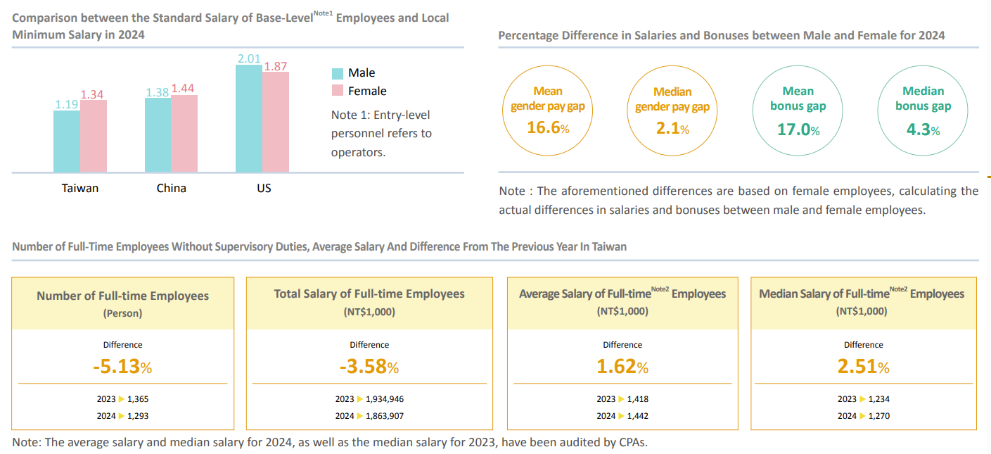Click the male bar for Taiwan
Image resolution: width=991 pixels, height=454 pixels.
pos(67,141)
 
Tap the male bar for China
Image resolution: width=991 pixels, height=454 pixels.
pos(158,134)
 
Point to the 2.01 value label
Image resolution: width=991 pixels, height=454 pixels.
pos(250,58)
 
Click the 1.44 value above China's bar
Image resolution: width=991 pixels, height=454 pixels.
pos(183,89)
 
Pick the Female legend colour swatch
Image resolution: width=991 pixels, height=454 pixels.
pos(337,91)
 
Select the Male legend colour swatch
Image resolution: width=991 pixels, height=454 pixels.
pos(337,73)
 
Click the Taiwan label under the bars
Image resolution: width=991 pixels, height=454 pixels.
pos(80,188)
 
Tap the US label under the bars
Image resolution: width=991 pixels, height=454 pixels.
pos(264,188)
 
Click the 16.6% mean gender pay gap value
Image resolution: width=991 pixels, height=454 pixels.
pos(547,128)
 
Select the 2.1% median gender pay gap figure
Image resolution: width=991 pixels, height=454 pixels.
pos(672,129)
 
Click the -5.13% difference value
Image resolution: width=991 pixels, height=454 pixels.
pos(122,367)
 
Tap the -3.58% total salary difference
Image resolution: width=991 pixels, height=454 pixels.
pos(369,367)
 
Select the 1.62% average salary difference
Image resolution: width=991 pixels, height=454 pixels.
pos(622,367)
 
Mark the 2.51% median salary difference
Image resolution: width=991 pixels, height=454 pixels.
pos(863,367)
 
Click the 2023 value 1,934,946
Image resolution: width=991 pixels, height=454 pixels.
pos(385,399)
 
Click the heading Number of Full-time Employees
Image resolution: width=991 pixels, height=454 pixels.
pos(122,296)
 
